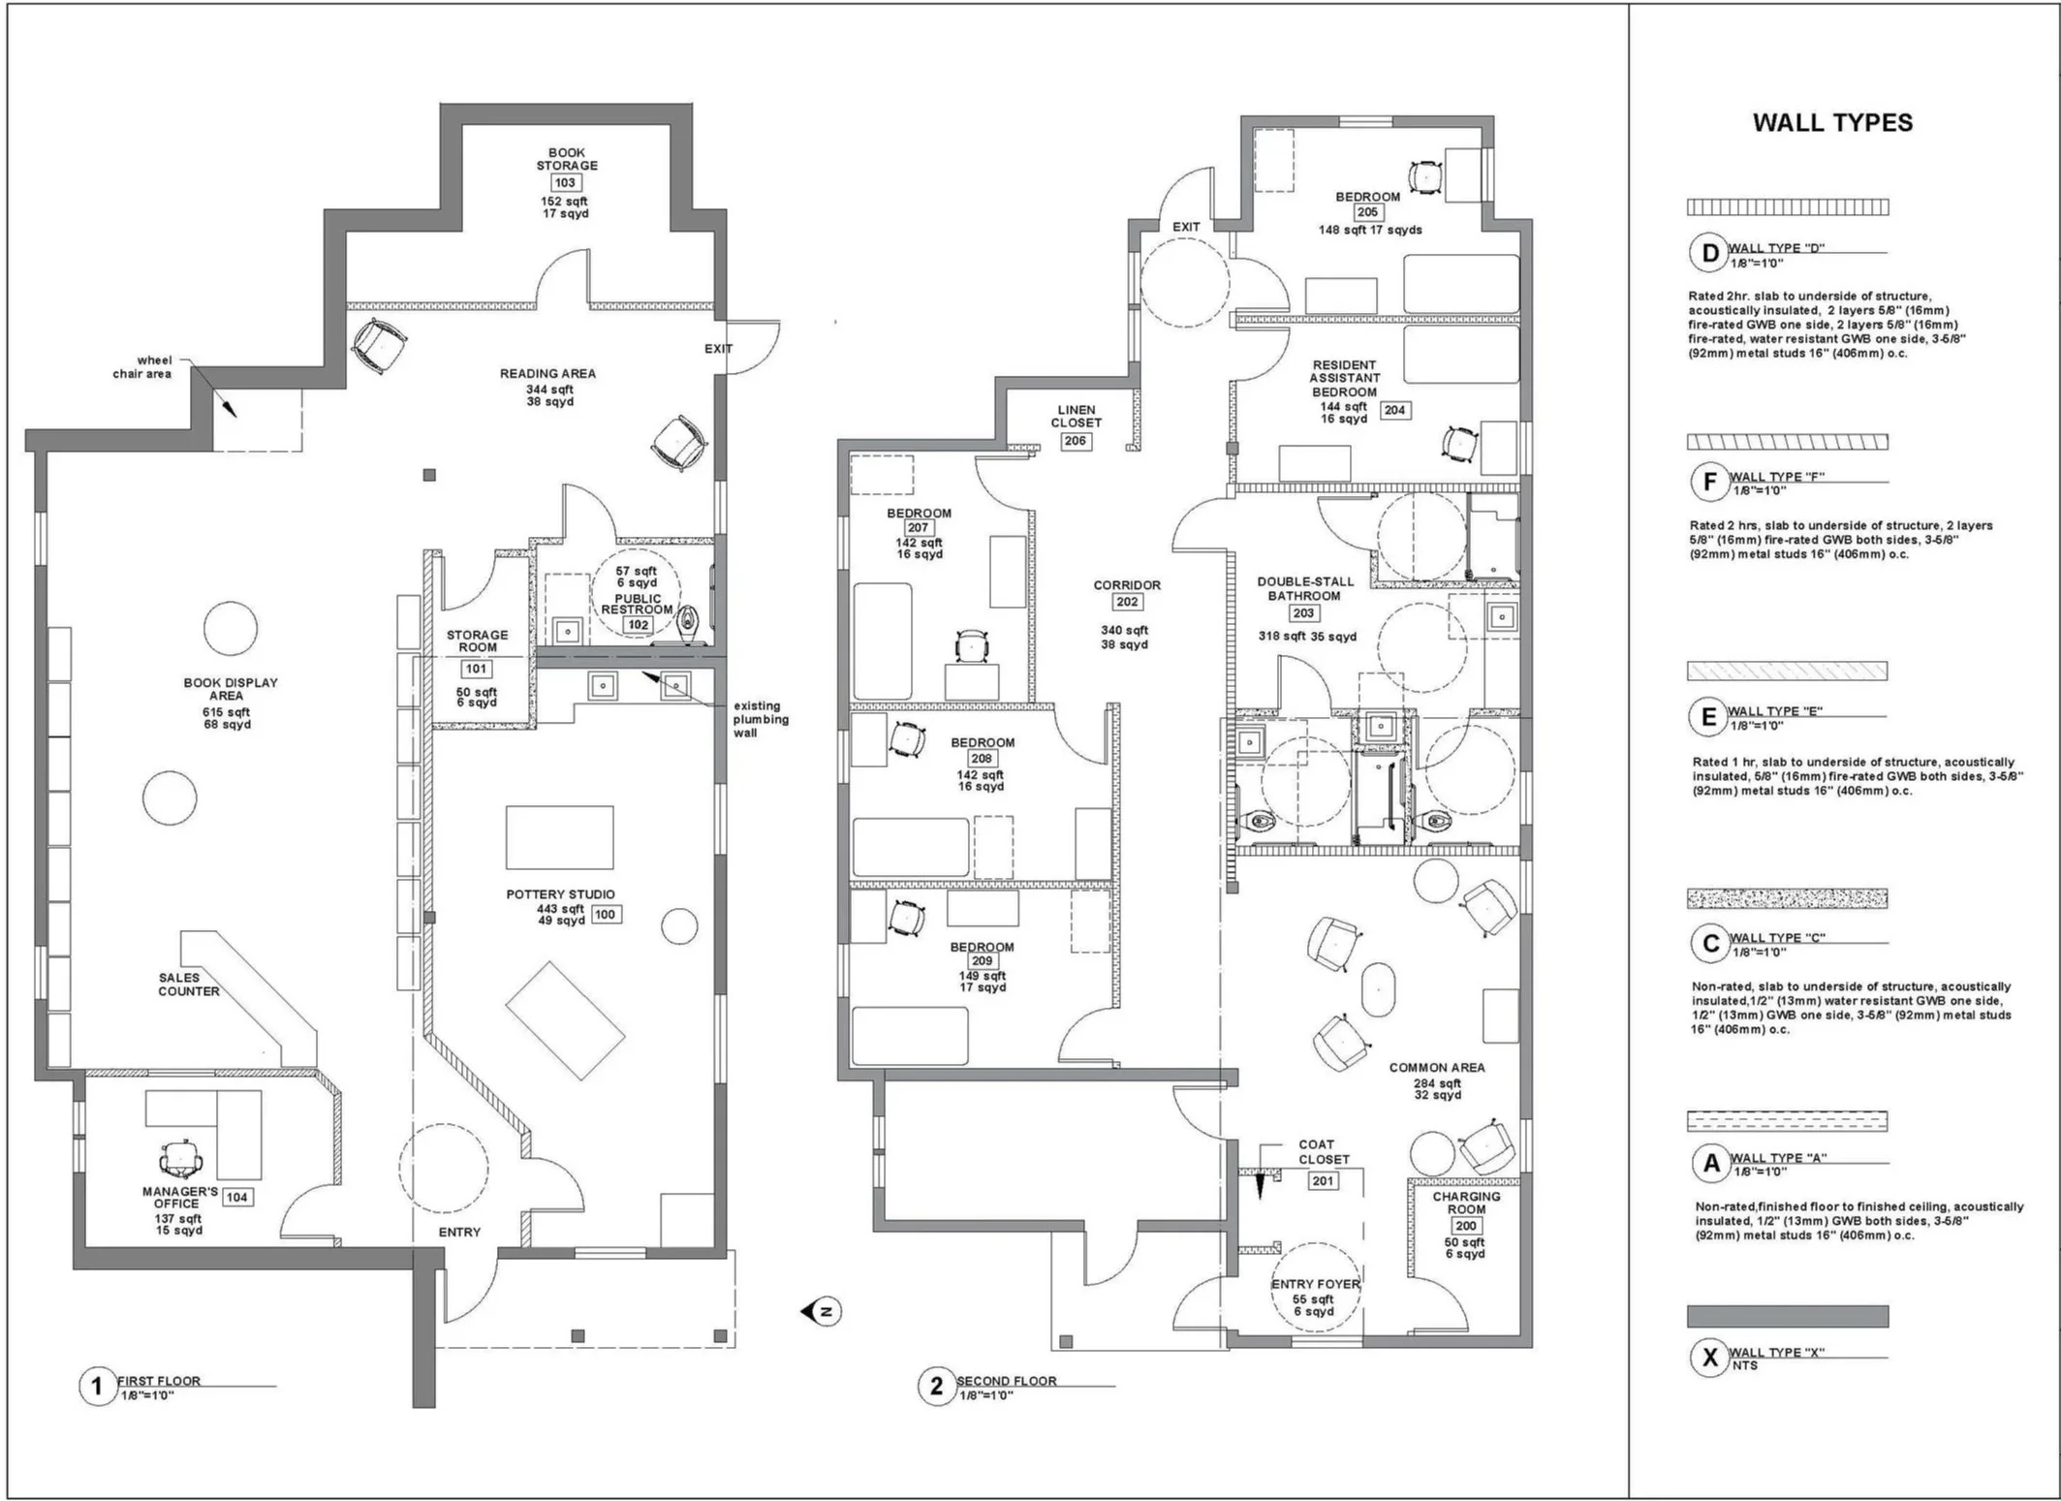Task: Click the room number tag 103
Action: tap(565, 183)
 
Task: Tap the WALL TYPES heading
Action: tap(1832, 123)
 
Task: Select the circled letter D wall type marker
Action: tap(1710, 254)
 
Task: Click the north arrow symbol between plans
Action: tap(822, 1312)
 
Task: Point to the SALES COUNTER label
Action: tap(189, 985)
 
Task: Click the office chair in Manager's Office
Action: tap(181, 1157)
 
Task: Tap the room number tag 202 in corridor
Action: tap(1126, 602)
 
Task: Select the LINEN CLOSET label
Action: tap(1076, 417)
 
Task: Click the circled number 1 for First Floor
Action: tap(96, 1387)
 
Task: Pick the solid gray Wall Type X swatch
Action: tap(1787, 1316)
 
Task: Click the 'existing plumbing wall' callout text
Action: tap(760, 719)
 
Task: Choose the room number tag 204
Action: tap(1394, 410)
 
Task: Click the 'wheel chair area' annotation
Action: tap(143, 366)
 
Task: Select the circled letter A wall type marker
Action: tap(1711, 1164)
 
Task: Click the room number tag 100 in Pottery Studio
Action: tap(606, 914)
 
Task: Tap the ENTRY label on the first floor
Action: tap(459, 1233)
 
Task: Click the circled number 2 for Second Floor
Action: tap(936, 1387)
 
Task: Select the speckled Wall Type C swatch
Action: tap(1787, 898)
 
